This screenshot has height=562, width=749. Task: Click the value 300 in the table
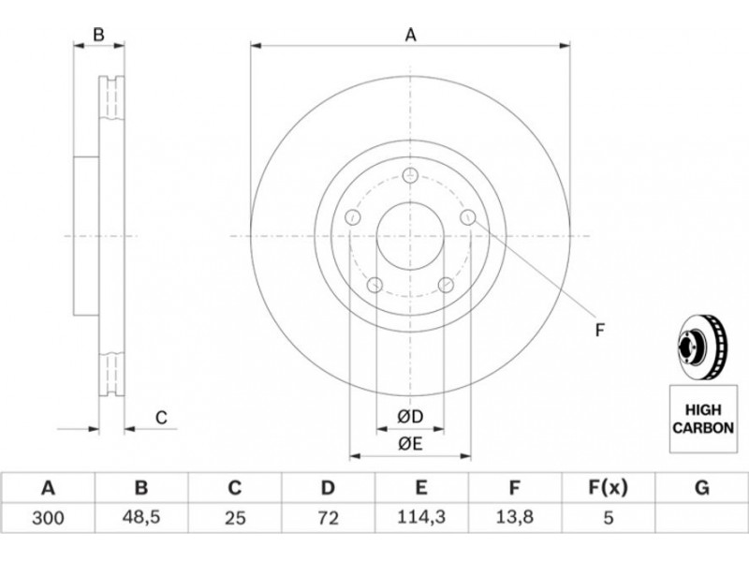pos(48,518)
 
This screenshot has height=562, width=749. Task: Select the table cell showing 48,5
pos(141,518)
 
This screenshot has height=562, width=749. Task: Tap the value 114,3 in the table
pos(421,517)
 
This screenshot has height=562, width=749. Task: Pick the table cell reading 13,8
pos(514,518)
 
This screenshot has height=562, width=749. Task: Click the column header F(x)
pos(608,488)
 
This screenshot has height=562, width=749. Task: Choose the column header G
pos(701,488)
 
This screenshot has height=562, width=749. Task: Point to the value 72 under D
pos(328,518)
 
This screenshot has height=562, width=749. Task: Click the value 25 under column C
pos(235,518)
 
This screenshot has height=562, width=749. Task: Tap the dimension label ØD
pos(410,417)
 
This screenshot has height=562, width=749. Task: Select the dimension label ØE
pos(410,444)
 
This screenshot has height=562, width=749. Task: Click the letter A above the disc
pos(411,35)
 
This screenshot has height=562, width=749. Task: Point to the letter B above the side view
pos(98,35)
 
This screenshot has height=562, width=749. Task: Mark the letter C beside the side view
pos(161,417)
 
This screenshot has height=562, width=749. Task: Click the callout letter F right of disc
pos(600,330)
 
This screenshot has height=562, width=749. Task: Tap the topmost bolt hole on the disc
pos(410,175)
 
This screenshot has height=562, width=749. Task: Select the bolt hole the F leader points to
pos(468,217)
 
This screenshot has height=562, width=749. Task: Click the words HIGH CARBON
pos(703,419)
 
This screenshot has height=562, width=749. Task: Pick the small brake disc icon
pos(701,348)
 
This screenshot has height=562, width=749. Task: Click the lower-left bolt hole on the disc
pos(375,286)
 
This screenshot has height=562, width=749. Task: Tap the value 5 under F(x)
pos(608,518)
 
